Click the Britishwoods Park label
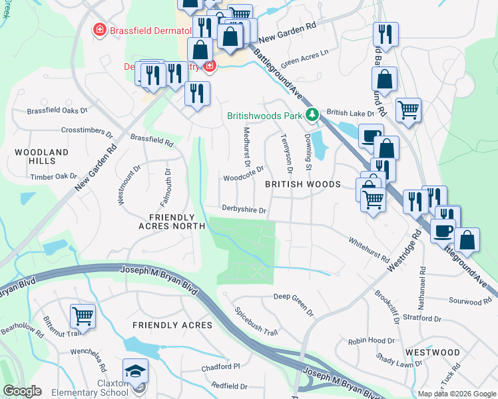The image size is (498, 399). (265, 115)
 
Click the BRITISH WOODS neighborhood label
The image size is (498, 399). (303, 184)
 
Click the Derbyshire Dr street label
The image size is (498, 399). (244, 210)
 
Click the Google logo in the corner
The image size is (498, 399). (22, 391)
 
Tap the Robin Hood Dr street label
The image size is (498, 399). (372, 340)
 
